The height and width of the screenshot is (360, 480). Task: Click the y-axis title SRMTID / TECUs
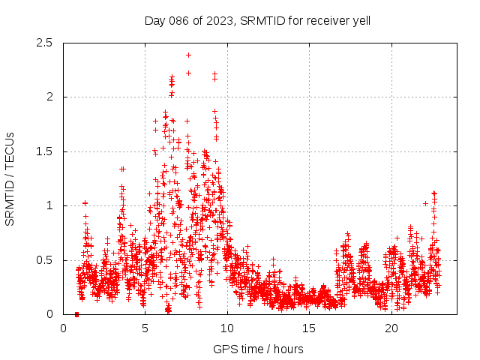(10, 178)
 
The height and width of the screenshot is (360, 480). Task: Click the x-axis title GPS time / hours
(258, 349)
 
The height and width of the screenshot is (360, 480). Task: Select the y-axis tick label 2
(49, 97)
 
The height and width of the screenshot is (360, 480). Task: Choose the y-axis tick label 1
(49, 205)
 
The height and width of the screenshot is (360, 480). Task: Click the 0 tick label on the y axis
(49, 314)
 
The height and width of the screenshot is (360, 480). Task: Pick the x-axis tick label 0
(63, 328)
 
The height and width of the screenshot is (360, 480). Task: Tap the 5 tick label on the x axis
(145, 328)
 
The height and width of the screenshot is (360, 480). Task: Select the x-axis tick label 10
(227, 328)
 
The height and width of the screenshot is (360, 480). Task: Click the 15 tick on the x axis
(309, 328)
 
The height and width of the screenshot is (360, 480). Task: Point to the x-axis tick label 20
(391, 328)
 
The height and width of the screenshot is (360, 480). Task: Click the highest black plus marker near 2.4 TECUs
(188, 55)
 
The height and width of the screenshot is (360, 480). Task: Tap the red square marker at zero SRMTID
(76, 314)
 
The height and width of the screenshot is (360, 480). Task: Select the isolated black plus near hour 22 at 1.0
(425, 203)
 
